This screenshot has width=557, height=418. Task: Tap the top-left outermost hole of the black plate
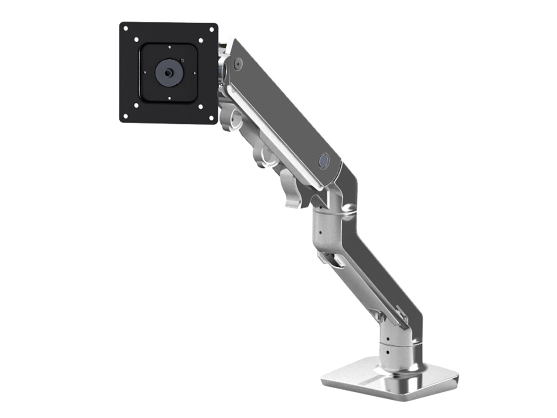click(125, 29)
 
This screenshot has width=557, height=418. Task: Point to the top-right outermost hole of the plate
click(212, 30)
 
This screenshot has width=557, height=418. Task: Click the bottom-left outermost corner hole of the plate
click(125, 116)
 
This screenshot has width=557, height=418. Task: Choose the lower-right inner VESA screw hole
click(200, 106)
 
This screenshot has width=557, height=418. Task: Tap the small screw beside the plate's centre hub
click(182, 61)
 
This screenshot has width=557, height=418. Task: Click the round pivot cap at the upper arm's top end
click(237, 64)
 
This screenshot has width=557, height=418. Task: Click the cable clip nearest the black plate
click(229, 120)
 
